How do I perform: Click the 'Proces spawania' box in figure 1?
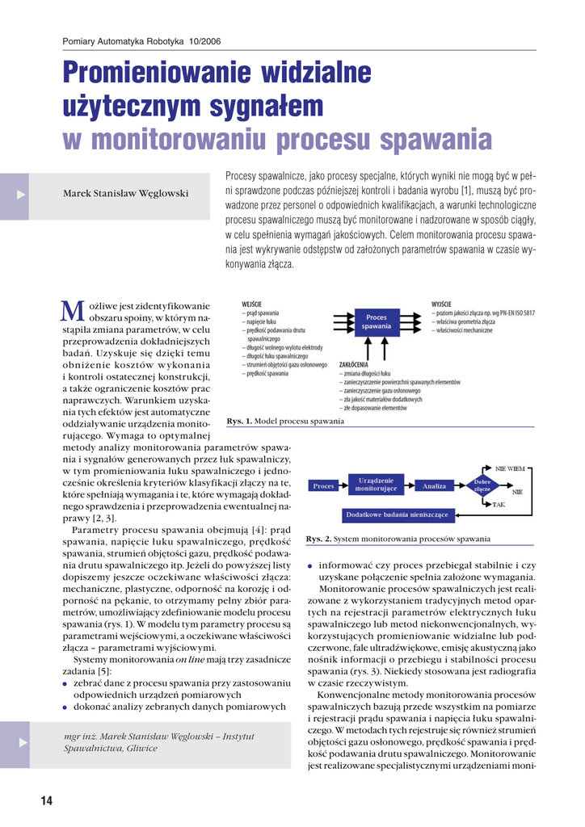tap(377, 321)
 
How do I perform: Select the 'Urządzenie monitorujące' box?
tap(376, 485)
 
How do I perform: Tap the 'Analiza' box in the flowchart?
tap(435, 485)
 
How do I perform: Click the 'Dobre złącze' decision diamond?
tap(482, 485)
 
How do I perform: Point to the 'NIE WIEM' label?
tap(510, 468)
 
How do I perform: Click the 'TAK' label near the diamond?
tap(499, 504)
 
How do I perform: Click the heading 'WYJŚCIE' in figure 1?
tap(441, 302)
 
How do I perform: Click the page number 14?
tap(46, 800)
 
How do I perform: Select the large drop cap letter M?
tap(73, 310)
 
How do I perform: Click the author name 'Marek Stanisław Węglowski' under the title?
tap(126, 193)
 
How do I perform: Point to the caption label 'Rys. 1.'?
tap(240, 421)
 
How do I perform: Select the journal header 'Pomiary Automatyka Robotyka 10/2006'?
tap(141, 41)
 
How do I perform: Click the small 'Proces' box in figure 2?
tap(323, 485)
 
